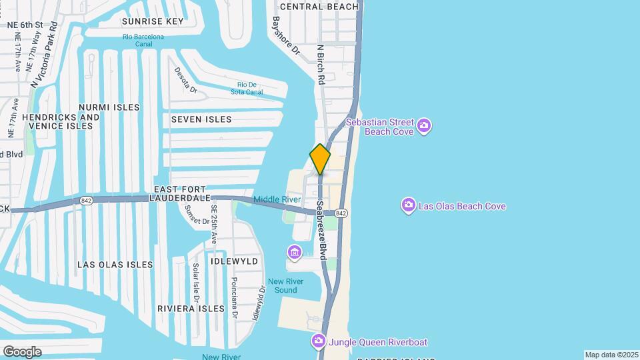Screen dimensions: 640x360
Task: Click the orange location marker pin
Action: pyautogui.click(x=320, y=159)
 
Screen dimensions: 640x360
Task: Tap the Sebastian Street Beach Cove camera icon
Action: pyautogui.click(x=424, y=125)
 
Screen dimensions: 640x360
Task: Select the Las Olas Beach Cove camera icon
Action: pyautogui.click(x=408, y=205)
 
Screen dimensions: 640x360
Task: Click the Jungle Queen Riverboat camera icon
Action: pyautogui.click(x=319, y=342)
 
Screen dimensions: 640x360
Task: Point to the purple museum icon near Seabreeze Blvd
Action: pyautogui.click(x=295, y=253)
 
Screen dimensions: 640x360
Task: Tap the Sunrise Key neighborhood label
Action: pyautogui.click(x=152, y=21)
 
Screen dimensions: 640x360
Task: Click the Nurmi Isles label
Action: pyautogui.click(x=109, y=107)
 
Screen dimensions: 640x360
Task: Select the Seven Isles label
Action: pyautogui.click(x=201, y=119)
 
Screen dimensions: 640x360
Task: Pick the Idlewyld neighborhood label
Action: pyautogui.click(x=234, y=261)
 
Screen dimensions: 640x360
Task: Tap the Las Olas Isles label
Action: pyautogui.click(x=115, y=265)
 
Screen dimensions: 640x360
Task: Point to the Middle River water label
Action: pyautogui.click(x=277, y=199)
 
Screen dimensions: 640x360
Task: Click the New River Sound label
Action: pyautogui.click(x=282, y=285)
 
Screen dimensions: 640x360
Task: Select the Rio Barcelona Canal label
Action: pyautogui.click(x=143, y=40)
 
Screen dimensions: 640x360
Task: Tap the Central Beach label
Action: pyautogui.click(x=319, y=7)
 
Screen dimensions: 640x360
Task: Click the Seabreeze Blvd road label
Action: pyautogui.click(x=323, y=230)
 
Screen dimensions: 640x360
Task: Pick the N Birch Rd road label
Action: pyautogui.click(x=321, y=64)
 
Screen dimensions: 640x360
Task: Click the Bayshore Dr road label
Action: pyautogui.click(x=286, y=35)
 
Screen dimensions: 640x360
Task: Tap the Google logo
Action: pyautogui.click(x=22, y=351)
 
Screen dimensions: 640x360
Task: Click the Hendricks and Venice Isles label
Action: pyautogui.click(x=61, y=121)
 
